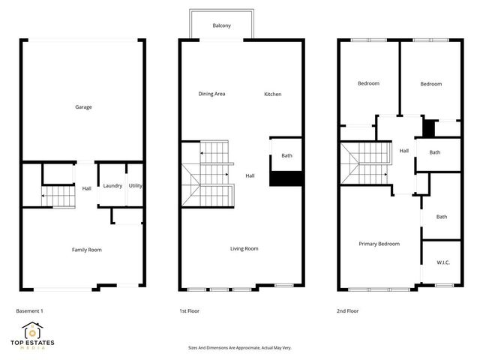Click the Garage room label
(x=83, y=107)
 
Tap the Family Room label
(x=86, y=250)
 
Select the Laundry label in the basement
(x=112, y=186)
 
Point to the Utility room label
(x=136, y=186)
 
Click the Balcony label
(x=221, y=25)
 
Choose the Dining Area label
(x=211, y=94)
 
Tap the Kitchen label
(x=272, y=94)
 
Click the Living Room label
(x=244, y=248)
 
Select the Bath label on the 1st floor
(x=286, y=156)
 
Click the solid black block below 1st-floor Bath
(x=285, y=179)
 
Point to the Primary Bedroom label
(x=379, y=244)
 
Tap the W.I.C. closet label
(x=442, y=262)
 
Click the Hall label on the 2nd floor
(x=403, y=151)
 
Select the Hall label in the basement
(x=86, y=188)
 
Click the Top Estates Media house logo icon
(x=31, y=330)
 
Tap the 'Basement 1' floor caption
(x=31, y=310)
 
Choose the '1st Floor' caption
(x=189, y=310)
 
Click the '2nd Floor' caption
(x=348, y=310)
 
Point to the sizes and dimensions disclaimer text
(x=239, y=348)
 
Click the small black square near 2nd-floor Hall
(x=429, y=128)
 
